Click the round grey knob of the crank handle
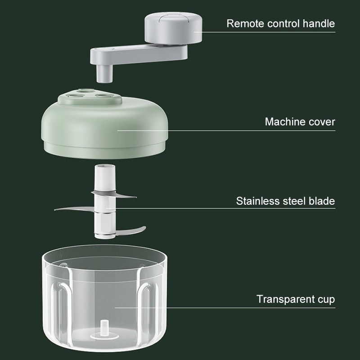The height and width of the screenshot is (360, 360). coord(173,27)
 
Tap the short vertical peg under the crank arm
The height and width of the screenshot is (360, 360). coord(104,73)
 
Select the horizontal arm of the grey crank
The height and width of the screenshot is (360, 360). coord(139,54)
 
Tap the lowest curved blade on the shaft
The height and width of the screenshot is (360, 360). coord(130,230)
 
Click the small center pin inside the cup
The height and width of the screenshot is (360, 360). coord(105,329)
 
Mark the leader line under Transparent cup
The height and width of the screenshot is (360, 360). coord(225,308)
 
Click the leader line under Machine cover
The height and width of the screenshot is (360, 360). coord(226,130)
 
